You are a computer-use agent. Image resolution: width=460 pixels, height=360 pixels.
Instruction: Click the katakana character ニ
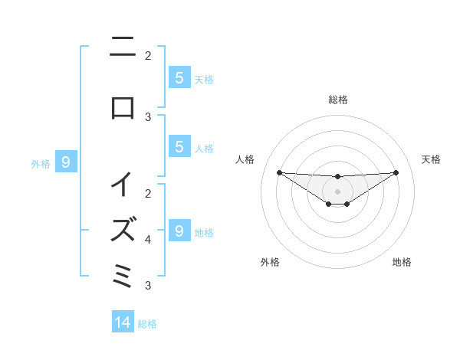point(123,48)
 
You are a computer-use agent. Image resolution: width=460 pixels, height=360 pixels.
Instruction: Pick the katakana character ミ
point(123,273)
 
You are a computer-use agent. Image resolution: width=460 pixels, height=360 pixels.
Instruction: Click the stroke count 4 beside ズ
point(148,240)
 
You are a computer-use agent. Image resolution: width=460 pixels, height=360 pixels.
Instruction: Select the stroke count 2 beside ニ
point(148,56)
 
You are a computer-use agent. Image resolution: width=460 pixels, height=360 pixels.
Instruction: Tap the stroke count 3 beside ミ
point(148,286)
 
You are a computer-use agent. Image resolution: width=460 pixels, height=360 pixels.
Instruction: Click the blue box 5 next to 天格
point(179,77)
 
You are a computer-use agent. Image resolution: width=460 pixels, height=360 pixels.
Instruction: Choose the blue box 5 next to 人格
point(179,147)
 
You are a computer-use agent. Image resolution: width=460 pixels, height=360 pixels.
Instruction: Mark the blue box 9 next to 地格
point(179,231)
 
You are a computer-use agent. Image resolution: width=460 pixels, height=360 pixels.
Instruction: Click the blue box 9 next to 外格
point(66,162)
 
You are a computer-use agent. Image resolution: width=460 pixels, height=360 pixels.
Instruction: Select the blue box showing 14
point(123,322)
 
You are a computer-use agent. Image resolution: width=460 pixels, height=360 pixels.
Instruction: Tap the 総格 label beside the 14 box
point(147,323)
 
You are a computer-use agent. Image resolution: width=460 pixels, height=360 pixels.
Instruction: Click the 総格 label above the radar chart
point(338,100)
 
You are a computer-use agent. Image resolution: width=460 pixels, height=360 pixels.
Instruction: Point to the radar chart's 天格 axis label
point(431,159)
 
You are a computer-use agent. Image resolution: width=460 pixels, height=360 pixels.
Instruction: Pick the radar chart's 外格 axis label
point(270,262)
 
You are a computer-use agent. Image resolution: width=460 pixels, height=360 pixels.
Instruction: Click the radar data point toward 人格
point(279,172)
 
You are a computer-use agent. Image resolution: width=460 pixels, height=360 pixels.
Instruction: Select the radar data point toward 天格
point(396,172)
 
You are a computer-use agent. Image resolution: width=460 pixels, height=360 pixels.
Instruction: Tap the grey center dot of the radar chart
point(338,191)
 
